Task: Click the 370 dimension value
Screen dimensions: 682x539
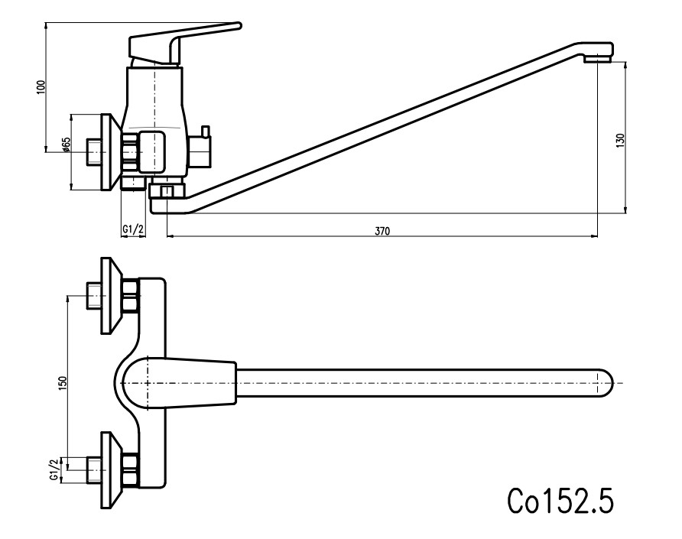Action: click(x=382, y=231)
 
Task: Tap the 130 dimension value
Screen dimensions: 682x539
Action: click(x=621, y=140)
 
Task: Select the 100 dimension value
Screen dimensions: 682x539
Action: click(x=41, y=87)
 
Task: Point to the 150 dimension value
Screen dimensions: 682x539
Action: click(x=63, y=383)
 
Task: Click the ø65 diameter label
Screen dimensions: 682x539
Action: click(x=66, y=144)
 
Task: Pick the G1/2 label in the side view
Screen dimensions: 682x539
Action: click(x=133, y=229)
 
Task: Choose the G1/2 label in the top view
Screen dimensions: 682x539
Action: click(x=55, y=470)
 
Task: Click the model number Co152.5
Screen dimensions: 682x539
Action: click(x=560, y=500)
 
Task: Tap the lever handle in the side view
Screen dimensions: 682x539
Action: click(x=183, y=44)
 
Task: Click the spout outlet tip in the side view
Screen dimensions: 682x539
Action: click(x=598, y=57)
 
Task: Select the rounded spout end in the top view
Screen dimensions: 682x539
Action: click(x=605, y=383)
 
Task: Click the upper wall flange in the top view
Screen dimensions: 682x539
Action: click(x=111, y=296)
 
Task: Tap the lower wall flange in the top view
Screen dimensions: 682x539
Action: click(x=111, y=470)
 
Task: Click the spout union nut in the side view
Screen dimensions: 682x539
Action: click(x=167, y=191)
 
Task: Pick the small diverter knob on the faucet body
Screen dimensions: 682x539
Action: click(x=204, y=131)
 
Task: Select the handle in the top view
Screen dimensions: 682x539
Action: click(x=179, y=383)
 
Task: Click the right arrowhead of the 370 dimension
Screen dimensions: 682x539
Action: click(x=595, y=236)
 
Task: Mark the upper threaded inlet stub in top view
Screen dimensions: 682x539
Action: click(x=94, y=296)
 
